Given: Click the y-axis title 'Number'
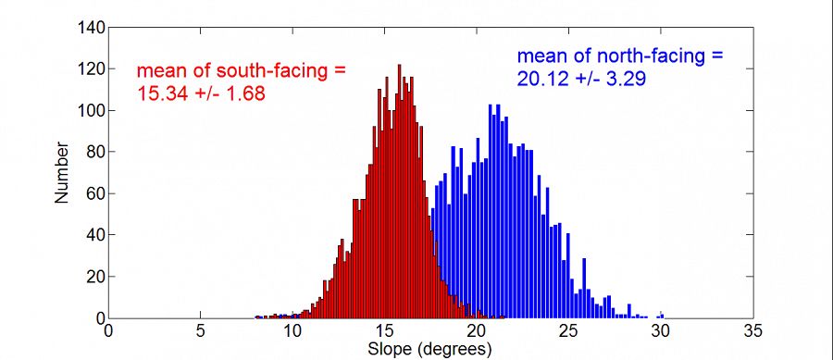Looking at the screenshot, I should coord(61,172).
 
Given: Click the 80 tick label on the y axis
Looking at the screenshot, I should coord(94,153).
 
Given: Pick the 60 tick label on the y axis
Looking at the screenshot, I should coord(94,194).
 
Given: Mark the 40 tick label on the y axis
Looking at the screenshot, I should coord(94,235).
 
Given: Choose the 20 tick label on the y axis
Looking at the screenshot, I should coord(94,277).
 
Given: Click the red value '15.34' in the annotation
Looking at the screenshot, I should coord(160,93).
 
